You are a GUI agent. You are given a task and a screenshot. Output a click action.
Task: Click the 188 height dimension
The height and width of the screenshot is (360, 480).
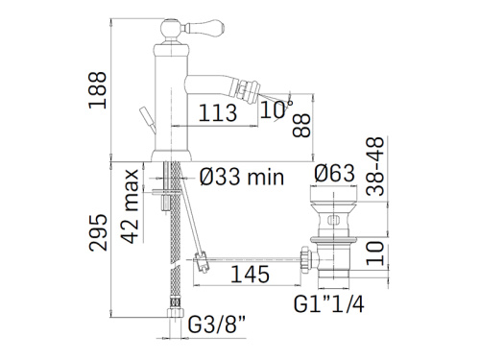click(x=97, y=90)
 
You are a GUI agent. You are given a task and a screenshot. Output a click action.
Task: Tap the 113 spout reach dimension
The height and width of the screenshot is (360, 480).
click(x=218, y=112)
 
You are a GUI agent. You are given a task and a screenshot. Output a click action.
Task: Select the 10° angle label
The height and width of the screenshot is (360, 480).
click(x=276, y=109)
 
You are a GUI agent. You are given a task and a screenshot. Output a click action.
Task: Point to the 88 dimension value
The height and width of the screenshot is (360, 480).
click(x=301, y=126)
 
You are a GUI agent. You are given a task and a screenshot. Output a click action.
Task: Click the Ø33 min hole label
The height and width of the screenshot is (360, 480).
click(x=242, y=177)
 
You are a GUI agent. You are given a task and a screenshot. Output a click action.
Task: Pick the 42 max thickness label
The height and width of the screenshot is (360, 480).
click(x=132, y=206)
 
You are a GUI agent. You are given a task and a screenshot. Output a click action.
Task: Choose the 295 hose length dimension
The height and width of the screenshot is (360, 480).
click(x=98, y=232)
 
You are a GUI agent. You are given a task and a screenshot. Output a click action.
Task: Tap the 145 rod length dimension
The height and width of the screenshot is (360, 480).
click(x=250, y=275)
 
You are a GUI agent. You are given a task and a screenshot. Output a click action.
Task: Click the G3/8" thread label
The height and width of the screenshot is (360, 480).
click(x=217, y=324)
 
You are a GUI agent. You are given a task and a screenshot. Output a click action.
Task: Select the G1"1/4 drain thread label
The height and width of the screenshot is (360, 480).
click(x=329, y=303)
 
